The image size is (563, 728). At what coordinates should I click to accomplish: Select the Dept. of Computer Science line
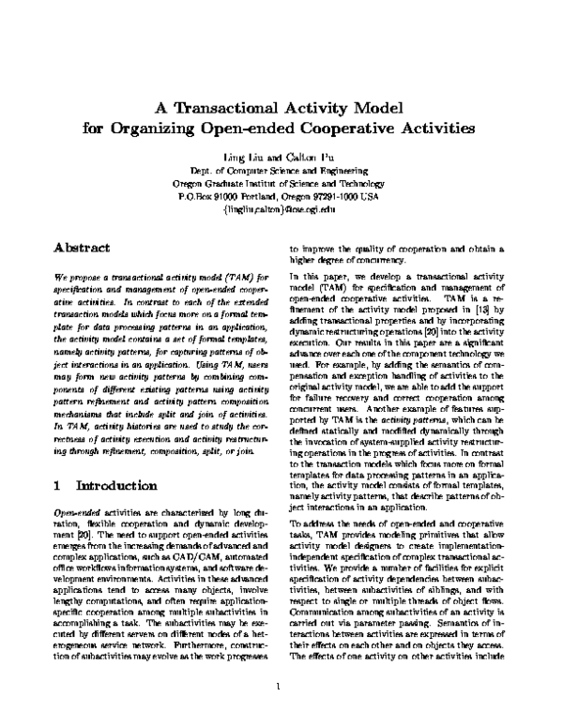tap(281, 172)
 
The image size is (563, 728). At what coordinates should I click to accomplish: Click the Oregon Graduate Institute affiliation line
tap(281, 185)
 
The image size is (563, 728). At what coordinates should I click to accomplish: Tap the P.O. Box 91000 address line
tap(281, 198)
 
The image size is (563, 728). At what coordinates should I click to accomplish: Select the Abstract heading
tap(82, 248)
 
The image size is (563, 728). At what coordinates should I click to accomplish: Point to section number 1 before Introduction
tap(57, 486)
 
